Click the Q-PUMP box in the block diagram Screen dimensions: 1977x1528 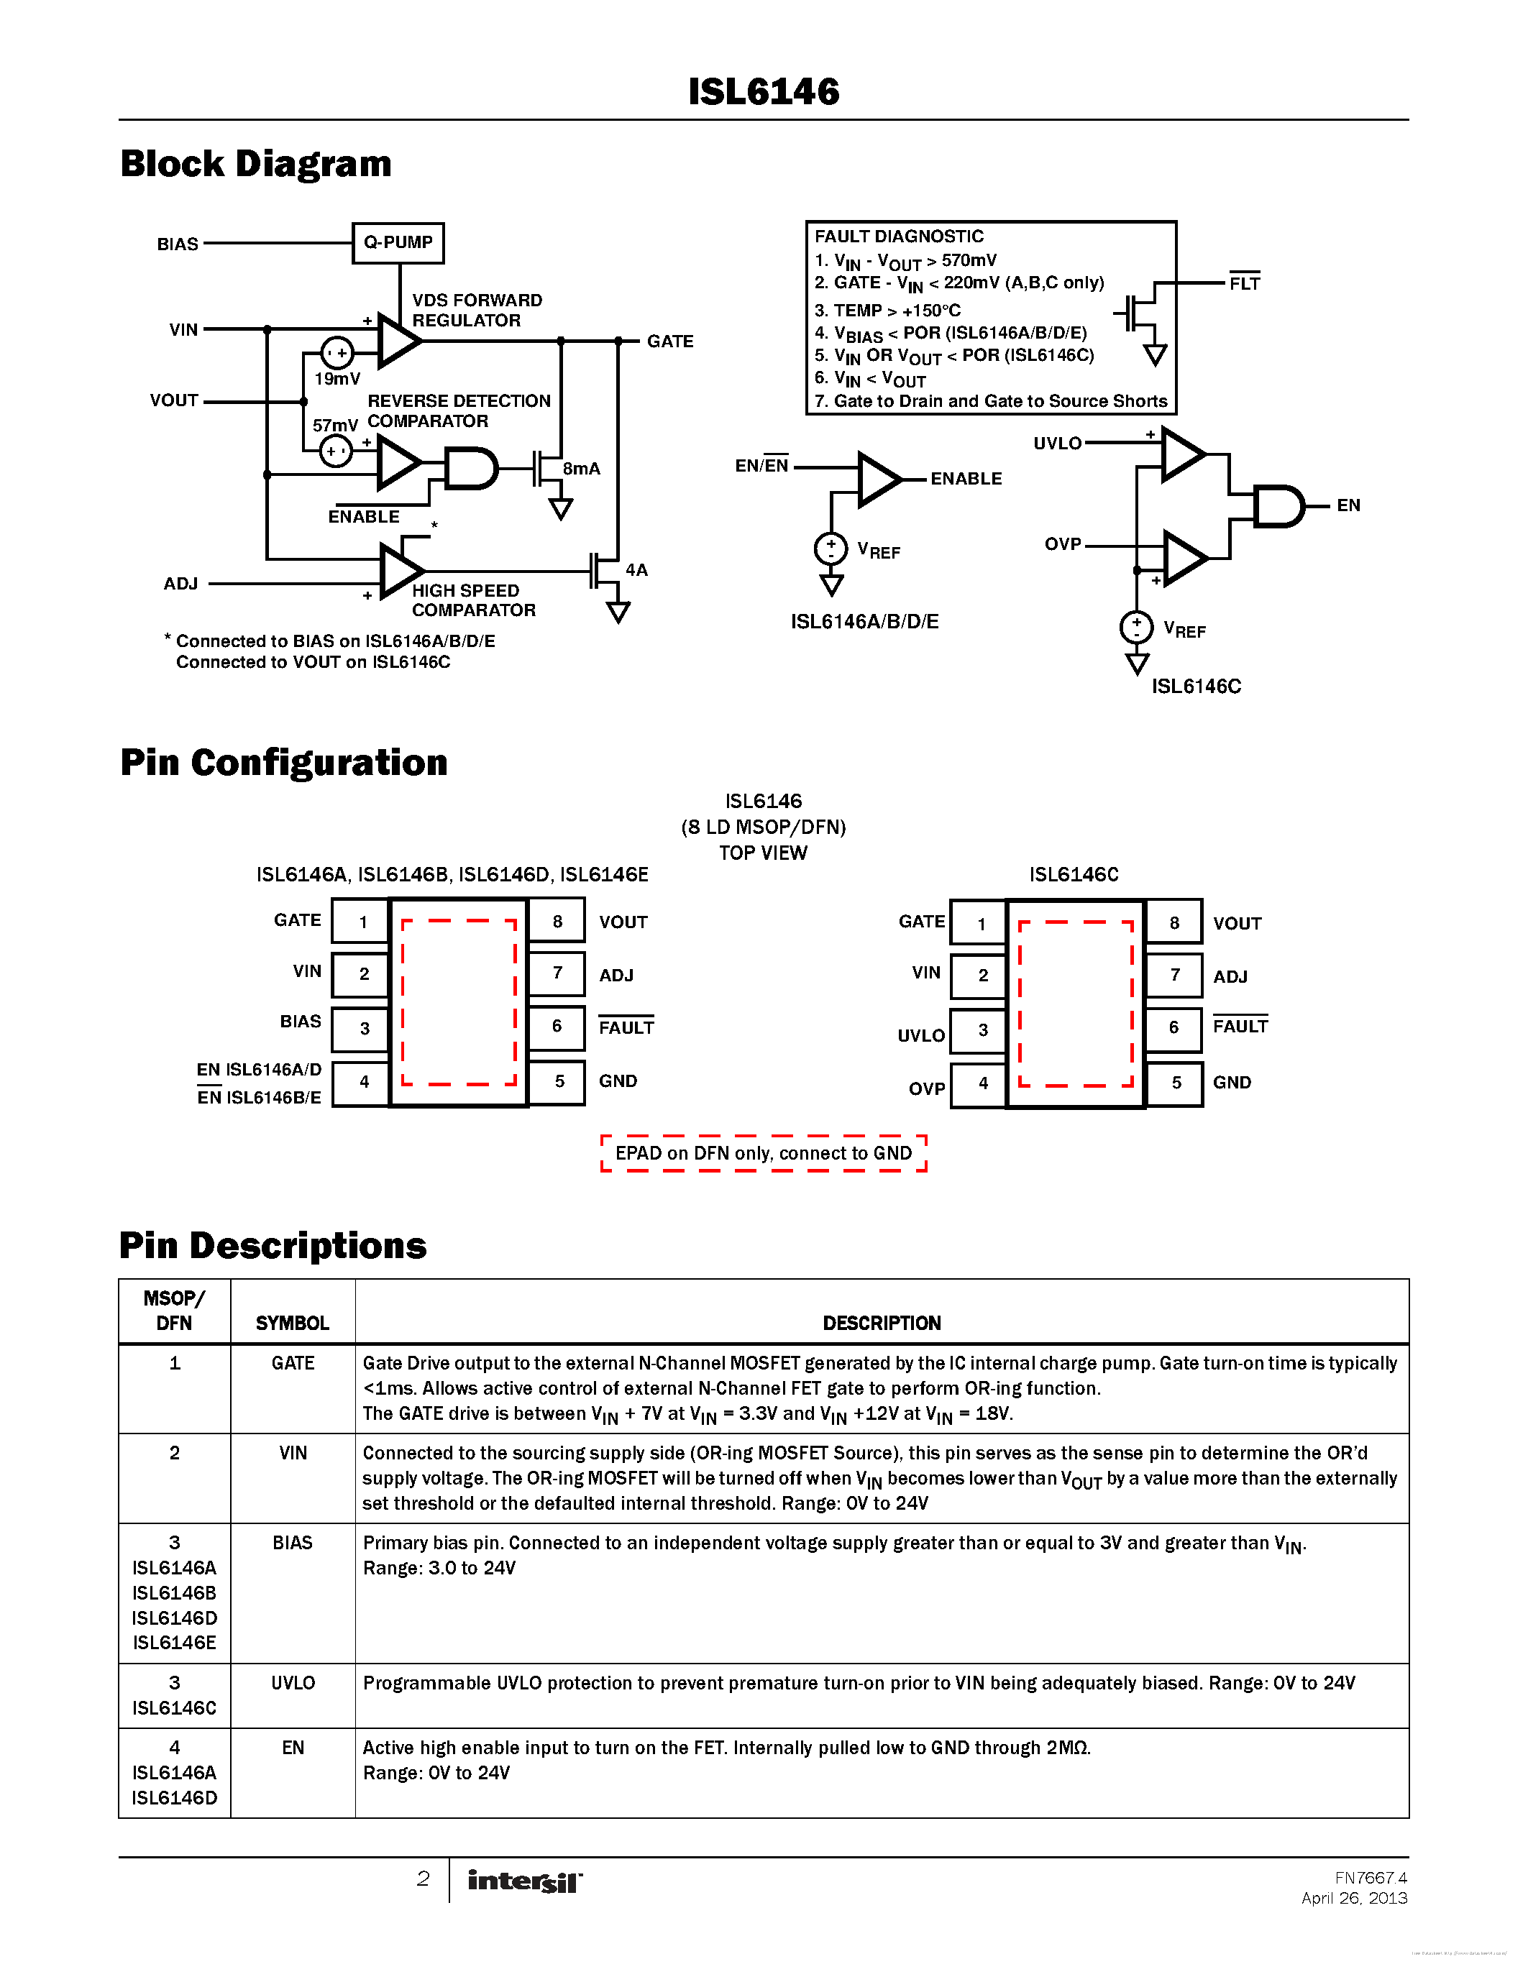[x=398, y=242]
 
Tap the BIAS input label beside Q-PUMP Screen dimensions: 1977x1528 [x=178, y=244]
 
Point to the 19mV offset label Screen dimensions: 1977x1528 [x=337, y=378]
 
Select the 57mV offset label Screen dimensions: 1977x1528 [x=335, y=425]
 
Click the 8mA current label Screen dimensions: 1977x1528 [x=581, y=468]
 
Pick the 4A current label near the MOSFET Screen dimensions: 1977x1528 [x=636, y=569]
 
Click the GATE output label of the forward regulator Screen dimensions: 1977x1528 [x=670, y=341]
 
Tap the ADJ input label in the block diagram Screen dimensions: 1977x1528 [x=180, y=584]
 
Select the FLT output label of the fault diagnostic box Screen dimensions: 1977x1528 [x=1244, y=283]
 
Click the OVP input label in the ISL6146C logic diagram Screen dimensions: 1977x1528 [x=1063, y=544]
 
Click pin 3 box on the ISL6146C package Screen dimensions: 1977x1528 [x=982, y=1030]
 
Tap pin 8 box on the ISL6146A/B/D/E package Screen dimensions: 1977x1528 [x=557, y=922]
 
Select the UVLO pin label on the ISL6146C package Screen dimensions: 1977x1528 [x=920, y=1035]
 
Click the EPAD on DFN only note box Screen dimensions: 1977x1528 [x=763, y=1153]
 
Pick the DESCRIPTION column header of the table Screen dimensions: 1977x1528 [x=881, y=1323]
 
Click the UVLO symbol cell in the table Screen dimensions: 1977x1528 [x=293, y=1683]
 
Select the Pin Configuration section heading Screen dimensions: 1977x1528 [x=283, y=762]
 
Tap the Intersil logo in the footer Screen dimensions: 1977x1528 [x=525, y=1881]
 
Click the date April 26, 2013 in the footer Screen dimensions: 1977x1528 [x=1353, y=1898]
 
